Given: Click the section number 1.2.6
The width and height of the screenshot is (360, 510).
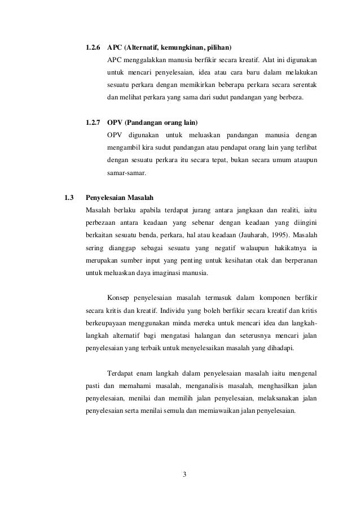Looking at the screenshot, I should click(x=94, y=46).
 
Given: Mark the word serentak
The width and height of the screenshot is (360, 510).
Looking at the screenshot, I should click(x=304, y=85).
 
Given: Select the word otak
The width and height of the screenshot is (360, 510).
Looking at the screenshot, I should click(x=261, y=260).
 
